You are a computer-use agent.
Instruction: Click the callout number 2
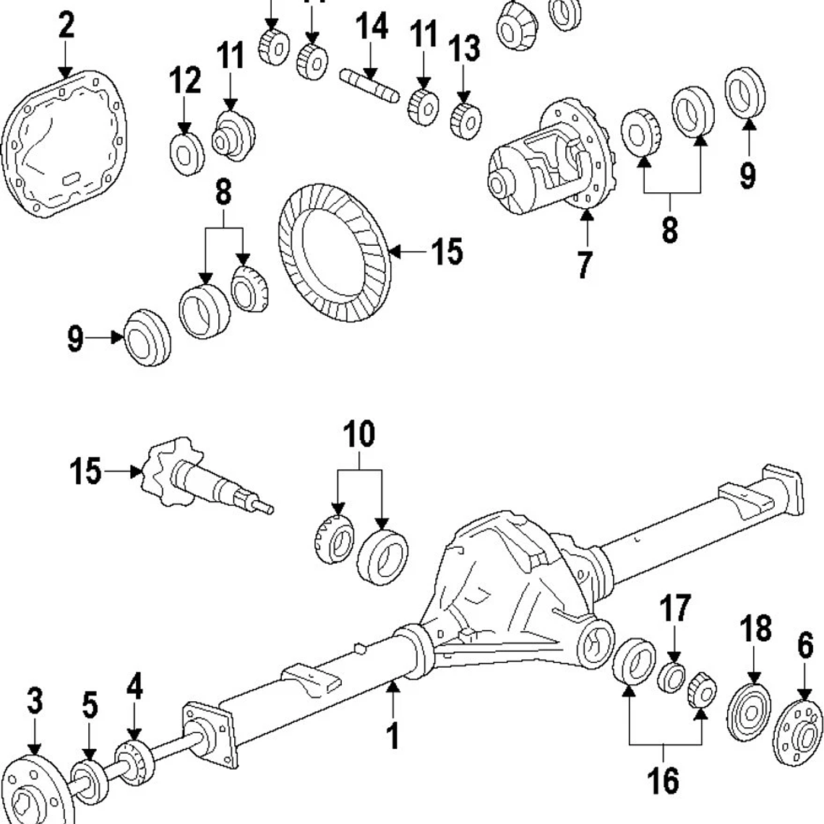pyautogui.click(x=66, y=27)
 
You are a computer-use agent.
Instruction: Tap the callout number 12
pyautogui.click(x=185, y=80)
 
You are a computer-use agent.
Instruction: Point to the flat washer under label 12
pyautogui.click(x=186, y=153)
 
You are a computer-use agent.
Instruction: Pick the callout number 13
pyautogui.click(x=464, y=49)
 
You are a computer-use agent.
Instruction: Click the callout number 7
pyautogui.click(x=584, y=264)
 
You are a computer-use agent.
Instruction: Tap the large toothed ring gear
pyautogui.click(x=334, y=253)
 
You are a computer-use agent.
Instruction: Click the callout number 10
pyautogui.click(x=359, y=434)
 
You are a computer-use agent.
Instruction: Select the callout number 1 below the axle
pyautogui.click(x=392, y=736)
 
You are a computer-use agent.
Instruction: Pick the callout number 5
pyautogui.click(x=89, y=706)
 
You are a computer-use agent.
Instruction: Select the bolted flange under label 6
pyautogui.click(x=798, y=734)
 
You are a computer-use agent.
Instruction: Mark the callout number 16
pyautogui.click(x=664, y=781)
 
